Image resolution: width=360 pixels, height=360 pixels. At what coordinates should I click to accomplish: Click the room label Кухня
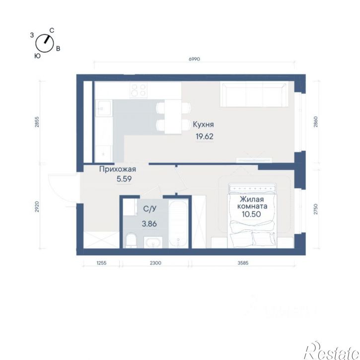click(203, 125)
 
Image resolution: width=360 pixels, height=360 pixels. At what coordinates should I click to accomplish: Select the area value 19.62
click(205, 137)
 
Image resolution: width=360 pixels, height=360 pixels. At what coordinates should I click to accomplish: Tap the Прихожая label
click(118, 169)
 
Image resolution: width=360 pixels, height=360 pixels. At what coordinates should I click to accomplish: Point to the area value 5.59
click(124, 179)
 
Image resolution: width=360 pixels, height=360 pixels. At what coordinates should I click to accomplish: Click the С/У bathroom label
click(149, 209)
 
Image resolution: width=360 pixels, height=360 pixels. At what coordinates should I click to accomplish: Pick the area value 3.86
click(149, 223)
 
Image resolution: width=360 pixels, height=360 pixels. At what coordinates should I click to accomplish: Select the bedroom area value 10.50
click(251, 214)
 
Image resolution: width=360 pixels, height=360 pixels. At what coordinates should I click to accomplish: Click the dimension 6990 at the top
click(194, 59)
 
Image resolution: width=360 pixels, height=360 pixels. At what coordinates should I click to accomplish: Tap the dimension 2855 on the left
click(37, 122)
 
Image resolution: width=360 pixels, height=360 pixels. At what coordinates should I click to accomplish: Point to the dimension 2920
click(37, 207)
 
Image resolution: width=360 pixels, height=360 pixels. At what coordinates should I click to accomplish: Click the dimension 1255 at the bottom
click(101, 263)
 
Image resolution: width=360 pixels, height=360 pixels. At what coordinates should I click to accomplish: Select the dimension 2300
click(155, 263)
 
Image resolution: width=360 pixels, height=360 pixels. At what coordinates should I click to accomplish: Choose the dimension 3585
click(243, 263)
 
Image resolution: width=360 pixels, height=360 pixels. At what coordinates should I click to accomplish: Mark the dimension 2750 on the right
click(316, 209)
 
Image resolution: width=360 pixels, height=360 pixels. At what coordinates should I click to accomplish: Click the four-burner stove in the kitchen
click(139, 90)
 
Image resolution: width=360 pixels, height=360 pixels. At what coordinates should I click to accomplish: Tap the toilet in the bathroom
click(131, 240)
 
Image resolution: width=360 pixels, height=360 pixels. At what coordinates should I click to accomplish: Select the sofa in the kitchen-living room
click(254, 95)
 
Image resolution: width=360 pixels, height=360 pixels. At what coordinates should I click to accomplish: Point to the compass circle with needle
click(45, 43)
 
